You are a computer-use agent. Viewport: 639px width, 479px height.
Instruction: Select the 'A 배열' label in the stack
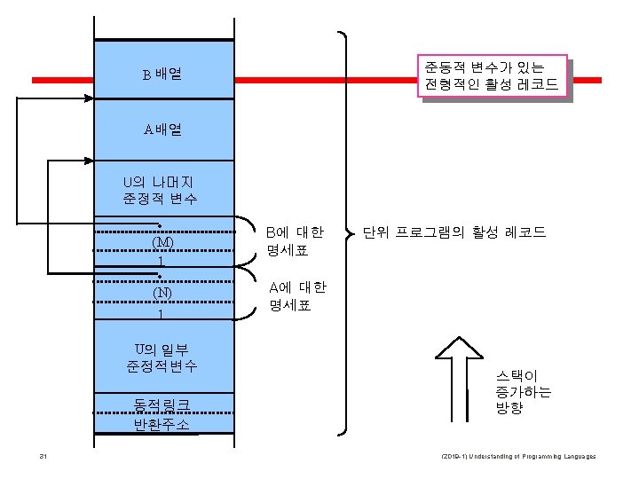[162, 130]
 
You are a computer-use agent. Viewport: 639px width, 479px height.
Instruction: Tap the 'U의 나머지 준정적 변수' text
[161, 190]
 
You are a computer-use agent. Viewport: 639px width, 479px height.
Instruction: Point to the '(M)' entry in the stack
[162, 242]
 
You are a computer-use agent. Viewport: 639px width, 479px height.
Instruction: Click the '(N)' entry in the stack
[162, 294]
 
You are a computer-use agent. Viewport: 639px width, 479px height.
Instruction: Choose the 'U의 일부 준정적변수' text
[162, 357]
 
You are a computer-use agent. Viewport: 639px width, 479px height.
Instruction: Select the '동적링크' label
[162, 405]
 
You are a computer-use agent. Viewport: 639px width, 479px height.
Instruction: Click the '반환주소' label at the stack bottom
[162, 424]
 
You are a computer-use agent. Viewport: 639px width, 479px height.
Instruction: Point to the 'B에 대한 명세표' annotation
[296, 241]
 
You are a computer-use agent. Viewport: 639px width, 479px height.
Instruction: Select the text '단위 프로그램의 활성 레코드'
[454, 233]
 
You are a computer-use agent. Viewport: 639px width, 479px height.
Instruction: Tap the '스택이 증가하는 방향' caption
[524, 392]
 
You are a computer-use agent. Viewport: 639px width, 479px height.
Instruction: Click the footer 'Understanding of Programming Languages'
[518, 457]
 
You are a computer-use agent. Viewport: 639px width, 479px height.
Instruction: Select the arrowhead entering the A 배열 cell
[88, 161]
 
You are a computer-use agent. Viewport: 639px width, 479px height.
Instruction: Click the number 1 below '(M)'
[161, 261]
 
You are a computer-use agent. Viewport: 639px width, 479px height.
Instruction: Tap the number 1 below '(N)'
[161, 313]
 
